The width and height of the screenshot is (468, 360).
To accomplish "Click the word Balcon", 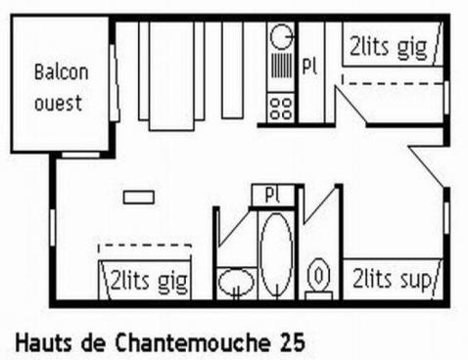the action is point(61,72).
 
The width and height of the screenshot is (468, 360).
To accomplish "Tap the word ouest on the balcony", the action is point(59,103).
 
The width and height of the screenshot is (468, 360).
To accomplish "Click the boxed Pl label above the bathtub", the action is point(273,195).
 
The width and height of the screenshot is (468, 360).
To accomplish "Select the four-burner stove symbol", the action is point(281,106).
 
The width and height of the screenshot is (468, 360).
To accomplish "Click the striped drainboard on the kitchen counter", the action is point(281,72).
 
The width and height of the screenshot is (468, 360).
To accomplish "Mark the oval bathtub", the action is point(275,251).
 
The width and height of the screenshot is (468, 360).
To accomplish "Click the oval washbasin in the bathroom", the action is point(235,285).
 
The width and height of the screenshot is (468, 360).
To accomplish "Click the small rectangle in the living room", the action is point(139,197).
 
